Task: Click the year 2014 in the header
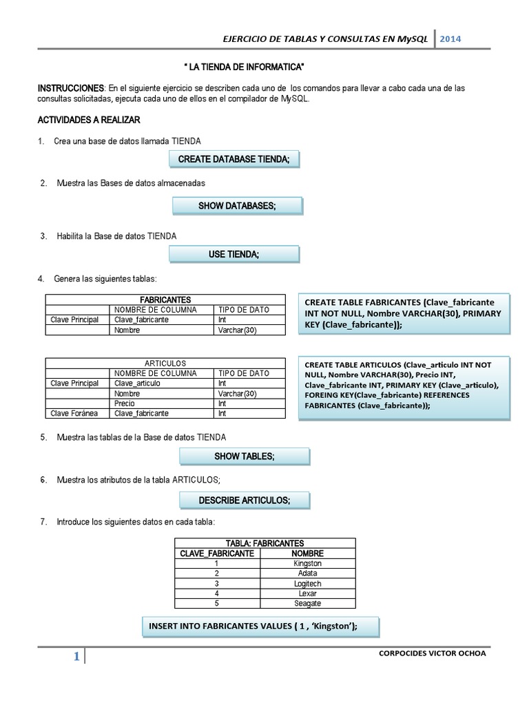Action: pos(450,39)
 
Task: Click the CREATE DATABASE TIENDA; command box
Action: pos(234,160)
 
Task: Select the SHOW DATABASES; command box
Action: pos(236,207)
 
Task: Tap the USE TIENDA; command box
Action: pos(234,255)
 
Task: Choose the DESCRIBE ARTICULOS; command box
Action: pos(244,499)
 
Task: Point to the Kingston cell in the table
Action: pos(307,563)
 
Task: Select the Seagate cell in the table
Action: pos(307,603)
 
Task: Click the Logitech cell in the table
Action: pos(307,583)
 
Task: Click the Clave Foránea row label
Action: pos(75,413)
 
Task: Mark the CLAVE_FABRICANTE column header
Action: pos(217,553)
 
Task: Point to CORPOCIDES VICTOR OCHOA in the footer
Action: pos(433,653)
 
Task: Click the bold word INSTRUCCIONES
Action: pos(70,88)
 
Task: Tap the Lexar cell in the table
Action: pos(307,593)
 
